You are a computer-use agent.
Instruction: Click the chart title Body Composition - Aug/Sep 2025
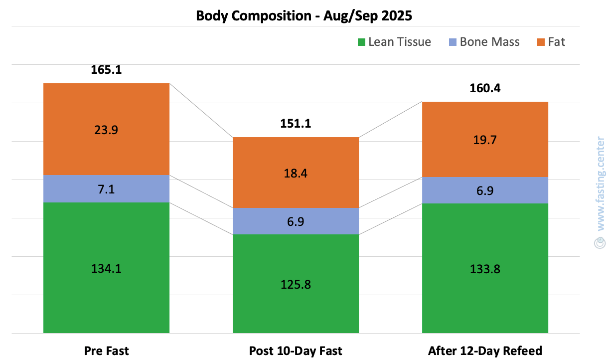click(304, 15)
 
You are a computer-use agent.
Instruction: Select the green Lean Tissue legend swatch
click(362, 42)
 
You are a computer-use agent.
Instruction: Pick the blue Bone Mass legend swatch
click(453, 42)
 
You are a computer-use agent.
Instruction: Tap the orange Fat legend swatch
click(541, 42)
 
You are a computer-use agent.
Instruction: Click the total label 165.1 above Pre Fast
click(106, 70)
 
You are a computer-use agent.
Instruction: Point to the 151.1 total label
click(296, 123)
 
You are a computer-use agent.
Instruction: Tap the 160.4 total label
click(485, 88)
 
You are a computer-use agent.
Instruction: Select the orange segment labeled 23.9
click(106, 129)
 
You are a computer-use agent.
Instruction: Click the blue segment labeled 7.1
click(106, 188)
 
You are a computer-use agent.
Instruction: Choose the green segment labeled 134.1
click(106, 268)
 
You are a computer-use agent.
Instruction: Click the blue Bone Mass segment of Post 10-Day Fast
click(296, 221)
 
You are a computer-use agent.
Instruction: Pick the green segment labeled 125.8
click(296, 284)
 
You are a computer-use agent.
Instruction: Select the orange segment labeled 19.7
click(485, 140)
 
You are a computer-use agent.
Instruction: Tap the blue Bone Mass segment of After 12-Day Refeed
click(485, 190)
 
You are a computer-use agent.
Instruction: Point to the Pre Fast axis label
click(106, 351)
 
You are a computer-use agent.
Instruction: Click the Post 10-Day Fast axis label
click(296, 351)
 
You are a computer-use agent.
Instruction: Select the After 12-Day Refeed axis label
click(485, 351)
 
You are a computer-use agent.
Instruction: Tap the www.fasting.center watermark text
click(600, 182)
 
